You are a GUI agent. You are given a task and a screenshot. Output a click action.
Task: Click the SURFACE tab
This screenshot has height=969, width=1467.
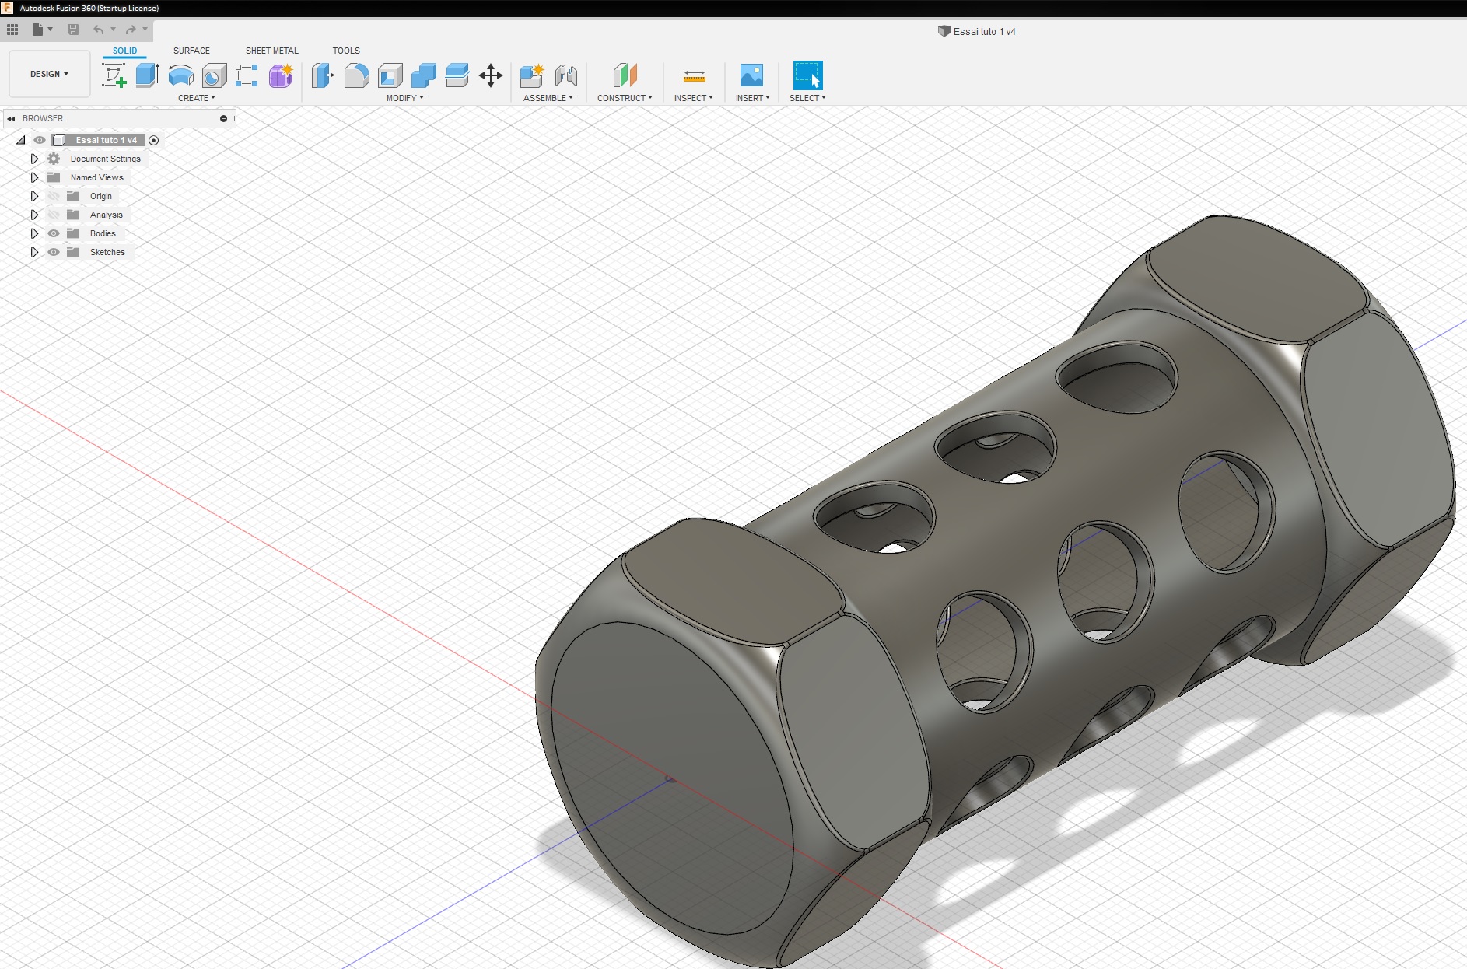click(x=191, y=51)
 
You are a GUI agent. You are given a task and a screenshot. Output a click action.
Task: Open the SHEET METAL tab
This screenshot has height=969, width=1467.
click(x=271, y=51)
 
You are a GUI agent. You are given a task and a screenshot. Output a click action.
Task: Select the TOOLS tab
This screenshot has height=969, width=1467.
click(x=346, y=51)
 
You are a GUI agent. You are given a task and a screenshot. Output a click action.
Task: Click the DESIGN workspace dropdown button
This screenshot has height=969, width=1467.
click(x=49, y=74)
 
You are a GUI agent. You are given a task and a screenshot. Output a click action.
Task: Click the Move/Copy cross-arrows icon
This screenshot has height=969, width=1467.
click(x=490, y=75)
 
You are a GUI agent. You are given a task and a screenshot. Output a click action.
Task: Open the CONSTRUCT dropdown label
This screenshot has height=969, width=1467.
click(x=624, y=98)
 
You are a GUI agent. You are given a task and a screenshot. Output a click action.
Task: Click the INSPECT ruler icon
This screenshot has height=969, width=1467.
click(x=694, y=75)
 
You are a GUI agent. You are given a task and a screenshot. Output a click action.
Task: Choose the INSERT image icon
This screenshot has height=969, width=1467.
click(x=751, y=75)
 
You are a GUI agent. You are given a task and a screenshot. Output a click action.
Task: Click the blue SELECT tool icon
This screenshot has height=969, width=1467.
click(x=807, y=75)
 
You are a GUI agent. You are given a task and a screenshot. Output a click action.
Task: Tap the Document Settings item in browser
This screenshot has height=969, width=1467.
click(x=105, y=159)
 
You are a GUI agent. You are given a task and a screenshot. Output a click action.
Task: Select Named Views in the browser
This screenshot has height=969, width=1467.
click(x=96, y=177)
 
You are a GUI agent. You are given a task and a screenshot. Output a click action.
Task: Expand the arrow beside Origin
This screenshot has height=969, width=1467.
click(x=34, y=196)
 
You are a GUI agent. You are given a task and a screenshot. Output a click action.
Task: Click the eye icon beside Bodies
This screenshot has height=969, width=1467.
click(x=54, y=233)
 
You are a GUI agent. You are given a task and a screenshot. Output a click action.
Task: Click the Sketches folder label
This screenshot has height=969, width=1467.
click(x=107, y=252)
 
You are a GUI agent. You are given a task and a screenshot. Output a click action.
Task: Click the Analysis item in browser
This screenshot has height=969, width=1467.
click(x=106, y=215)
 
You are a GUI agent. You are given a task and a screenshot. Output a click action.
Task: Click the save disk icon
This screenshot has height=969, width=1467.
click(x=73, y=30)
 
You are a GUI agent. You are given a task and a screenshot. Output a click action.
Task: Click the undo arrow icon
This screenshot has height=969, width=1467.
click(x=98, y=30)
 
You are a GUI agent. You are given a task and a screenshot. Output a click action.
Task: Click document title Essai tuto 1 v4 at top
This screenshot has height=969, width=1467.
click(x=983, y=32)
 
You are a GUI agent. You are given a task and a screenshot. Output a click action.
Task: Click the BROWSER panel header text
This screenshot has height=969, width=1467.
click(x=43, y=118)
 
